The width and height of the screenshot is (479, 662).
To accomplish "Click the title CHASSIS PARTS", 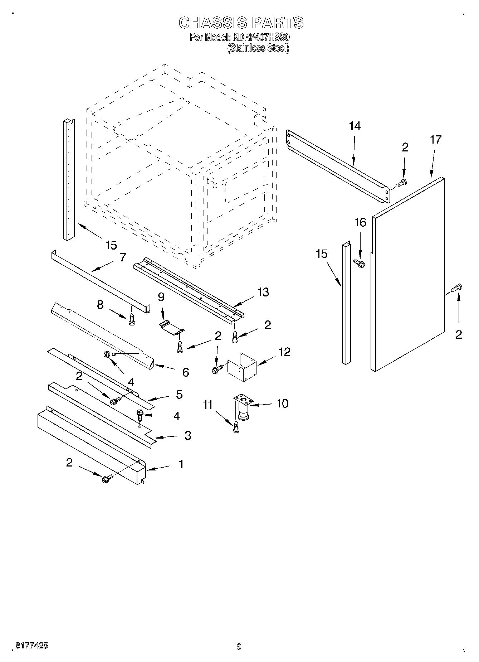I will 241,23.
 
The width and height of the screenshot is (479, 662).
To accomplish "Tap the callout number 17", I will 436,139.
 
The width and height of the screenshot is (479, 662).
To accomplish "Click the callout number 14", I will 355,126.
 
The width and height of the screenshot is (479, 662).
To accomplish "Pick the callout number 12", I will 284,352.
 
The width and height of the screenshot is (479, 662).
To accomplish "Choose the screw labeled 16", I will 359,263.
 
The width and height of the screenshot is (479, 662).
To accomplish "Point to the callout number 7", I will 123,257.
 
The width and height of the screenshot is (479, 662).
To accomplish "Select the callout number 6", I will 185,372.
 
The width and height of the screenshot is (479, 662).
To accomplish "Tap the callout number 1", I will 181,464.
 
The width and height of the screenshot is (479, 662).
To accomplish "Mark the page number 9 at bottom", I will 239,647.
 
